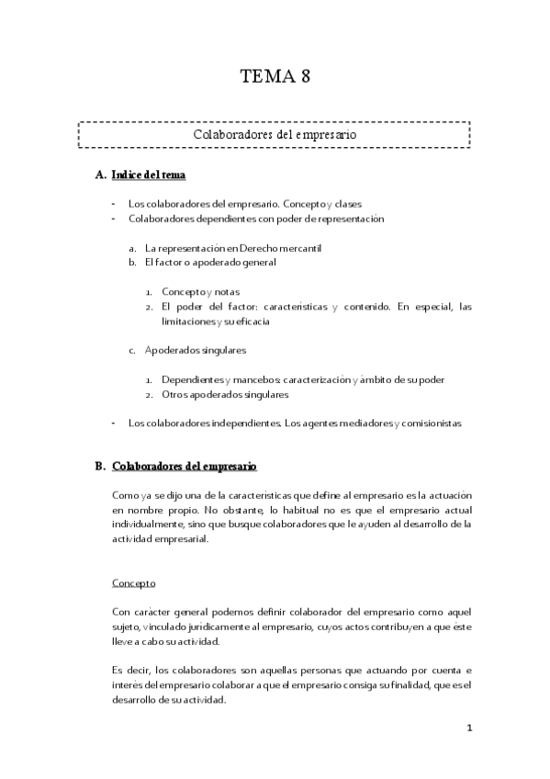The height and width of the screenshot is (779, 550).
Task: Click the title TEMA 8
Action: [x=275, y=76]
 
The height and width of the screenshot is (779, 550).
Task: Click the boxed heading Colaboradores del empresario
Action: [x=275, y=134]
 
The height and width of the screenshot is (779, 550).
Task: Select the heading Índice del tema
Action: [x=151, y=175]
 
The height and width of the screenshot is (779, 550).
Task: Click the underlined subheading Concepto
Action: [x=134, y=582]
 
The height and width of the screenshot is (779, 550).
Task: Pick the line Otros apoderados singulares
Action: [x=224, y=394]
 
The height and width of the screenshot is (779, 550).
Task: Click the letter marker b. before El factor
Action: [x=133, y=262]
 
